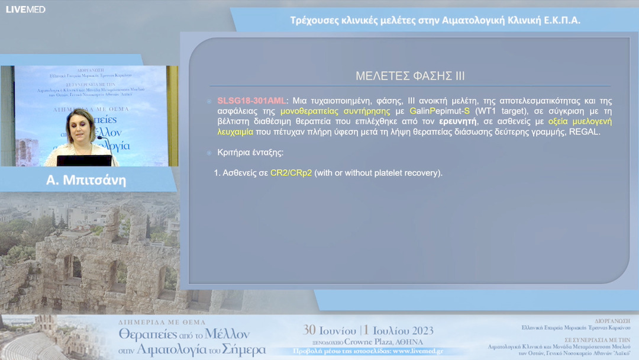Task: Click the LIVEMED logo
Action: pyautogui.click(x=25, y=9)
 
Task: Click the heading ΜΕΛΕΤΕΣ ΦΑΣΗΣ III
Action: pyautogui.click(x=410, y=76)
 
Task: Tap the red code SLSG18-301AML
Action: pyautogui.click(x=251, y=101)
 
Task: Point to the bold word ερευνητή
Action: pyautogui.click(x=457, y=121)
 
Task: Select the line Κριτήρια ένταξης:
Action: pyautogui.click(x=250, y=152)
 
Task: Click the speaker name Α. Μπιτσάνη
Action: pyautogui.click(x=86, y=180)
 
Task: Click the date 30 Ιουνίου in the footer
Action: pyautogui.click(x=330, y=330)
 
